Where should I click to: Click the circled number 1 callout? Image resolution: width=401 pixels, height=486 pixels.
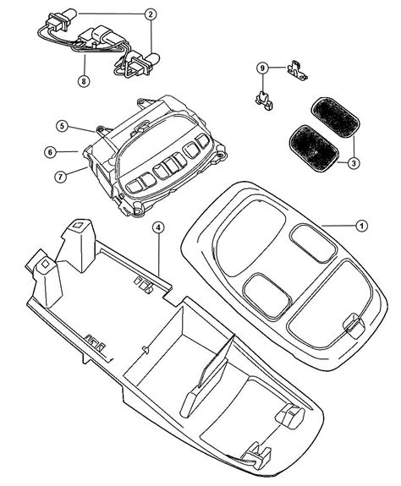(x=361, y=227)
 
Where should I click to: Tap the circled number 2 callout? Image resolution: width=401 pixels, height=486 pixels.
(x=151, y=14)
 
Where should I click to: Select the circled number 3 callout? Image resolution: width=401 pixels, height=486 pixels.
(x=354, y=162)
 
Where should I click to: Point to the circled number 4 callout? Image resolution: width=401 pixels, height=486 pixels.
(x=158, y=227)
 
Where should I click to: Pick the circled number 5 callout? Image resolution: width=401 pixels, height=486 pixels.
(x=62, y=125)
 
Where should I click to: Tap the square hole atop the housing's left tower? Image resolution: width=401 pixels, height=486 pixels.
(x=78, y=226)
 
